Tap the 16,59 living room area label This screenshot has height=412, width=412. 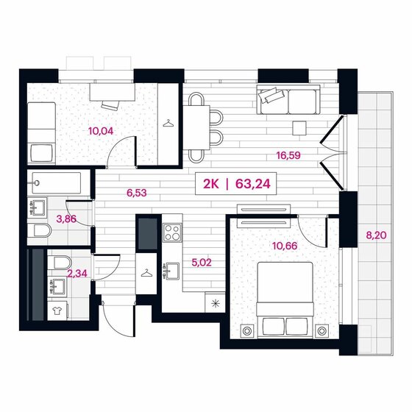[289, 155]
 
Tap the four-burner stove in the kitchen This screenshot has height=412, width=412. [172, 232]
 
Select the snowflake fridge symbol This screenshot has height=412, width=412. [216, 302]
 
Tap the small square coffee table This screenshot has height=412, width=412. [299, 128]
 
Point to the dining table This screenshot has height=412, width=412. [196, 125]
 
